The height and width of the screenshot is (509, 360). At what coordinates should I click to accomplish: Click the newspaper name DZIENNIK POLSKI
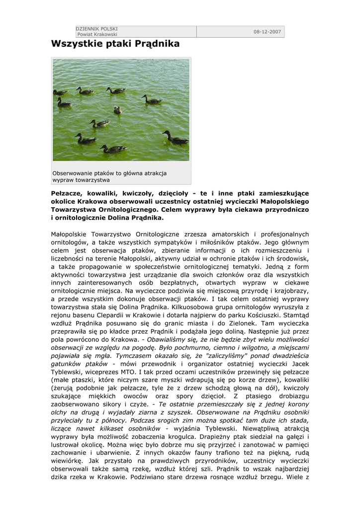(x=93, y=29)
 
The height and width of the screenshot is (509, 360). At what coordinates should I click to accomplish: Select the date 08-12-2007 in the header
(x=268, y=32)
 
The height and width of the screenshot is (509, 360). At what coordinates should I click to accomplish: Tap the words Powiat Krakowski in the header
(x=97, y=34)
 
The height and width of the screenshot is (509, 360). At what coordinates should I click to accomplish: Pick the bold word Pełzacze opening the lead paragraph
(x=68, y=193)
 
